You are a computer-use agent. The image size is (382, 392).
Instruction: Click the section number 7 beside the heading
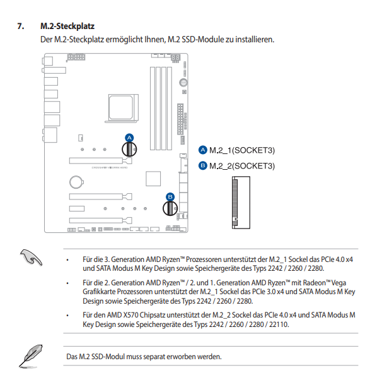21,27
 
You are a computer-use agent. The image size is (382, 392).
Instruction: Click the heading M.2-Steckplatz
67,27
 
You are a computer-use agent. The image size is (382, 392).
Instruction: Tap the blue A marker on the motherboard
129,137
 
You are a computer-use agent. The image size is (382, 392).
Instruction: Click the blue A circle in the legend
202,150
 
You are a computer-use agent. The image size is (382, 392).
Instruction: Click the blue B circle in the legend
202,165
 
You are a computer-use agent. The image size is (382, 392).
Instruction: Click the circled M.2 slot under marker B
169,208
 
